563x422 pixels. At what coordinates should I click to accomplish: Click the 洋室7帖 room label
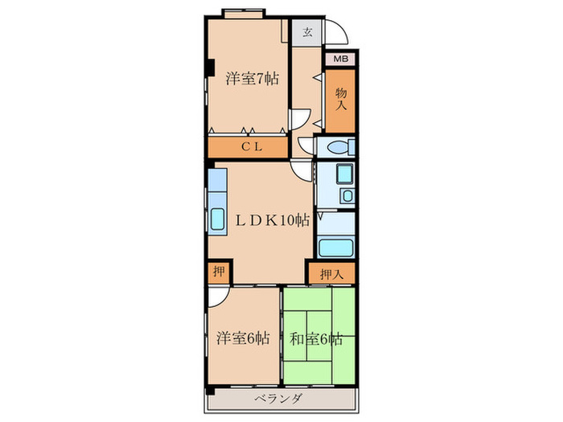point(252,78)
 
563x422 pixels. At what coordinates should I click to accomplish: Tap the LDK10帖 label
point(272,220)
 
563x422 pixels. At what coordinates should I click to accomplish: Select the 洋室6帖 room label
point(243,338)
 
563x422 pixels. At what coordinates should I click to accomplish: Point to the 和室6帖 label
point(316,339)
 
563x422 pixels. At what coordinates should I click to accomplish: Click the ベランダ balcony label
point(278,399)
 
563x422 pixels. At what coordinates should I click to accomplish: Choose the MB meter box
point(340,59)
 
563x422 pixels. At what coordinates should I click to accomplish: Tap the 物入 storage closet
point(340,100)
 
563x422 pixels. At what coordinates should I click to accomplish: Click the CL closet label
point(252,147)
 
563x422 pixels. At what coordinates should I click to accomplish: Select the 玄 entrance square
point(306,32)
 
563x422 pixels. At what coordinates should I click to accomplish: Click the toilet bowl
point(339,147)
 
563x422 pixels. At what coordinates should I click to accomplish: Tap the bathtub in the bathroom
point(335,248)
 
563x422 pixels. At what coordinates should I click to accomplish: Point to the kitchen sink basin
point(217,219)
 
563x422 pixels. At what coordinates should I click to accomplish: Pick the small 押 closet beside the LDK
point(219,272)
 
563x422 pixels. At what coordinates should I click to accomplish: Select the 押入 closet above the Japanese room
point(332,275)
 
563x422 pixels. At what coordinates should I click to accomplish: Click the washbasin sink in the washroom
point(347,196)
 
